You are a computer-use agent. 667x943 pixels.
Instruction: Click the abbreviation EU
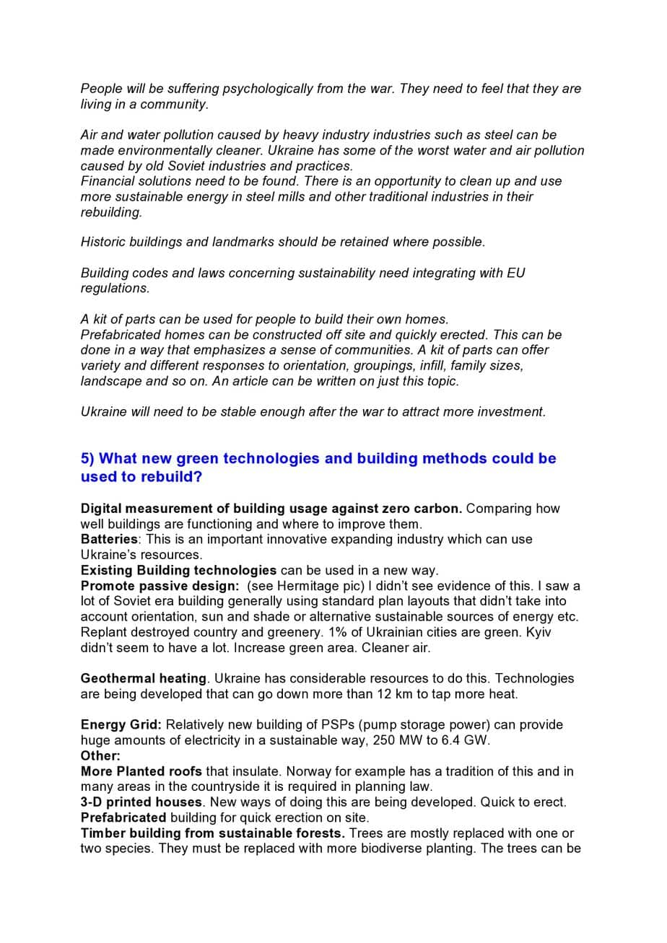[x=516, y=273]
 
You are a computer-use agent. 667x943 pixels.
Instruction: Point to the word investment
[x=512, y=412]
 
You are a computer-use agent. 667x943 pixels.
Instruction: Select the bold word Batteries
[x=108, y=539]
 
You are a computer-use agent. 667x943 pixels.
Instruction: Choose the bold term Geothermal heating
[x=144, y=678]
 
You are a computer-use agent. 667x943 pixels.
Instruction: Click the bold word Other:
[x=100, y=755]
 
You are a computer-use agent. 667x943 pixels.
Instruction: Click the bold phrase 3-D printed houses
[x=141, y=802]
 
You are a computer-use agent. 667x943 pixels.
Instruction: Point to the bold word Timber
[x=102, y=833]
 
